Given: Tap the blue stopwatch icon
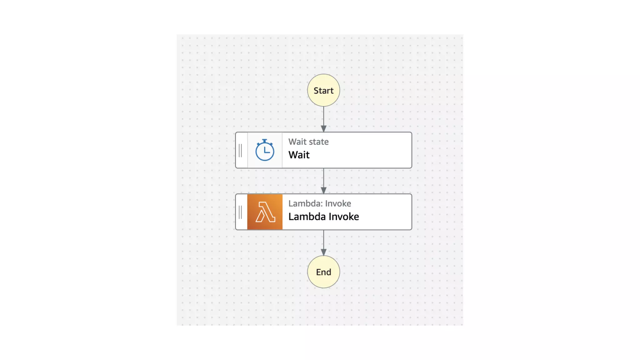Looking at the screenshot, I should [265, 150].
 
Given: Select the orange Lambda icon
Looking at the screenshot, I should [265, 212].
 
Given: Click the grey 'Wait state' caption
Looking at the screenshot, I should [308, 142].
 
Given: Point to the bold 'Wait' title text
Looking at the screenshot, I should [299, 155].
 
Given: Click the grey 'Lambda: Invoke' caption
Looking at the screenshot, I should [319, 203].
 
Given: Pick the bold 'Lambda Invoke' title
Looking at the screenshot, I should [323, 217].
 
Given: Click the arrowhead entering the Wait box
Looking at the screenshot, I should [323, 129].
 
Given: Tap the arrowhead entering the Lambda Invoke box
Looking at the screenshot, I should [323, 191].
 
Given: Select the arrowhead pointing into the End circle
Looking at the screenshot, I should [323, 252].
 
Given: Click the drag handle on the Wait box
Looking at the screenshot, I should [240, 151].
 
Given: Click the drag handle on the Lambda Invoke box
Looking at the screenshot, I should [240, 212].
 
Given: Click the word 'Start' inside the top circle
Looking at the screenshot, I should [323, 91].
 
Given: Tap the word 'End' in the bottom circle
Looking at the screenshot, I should [323, 272].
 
